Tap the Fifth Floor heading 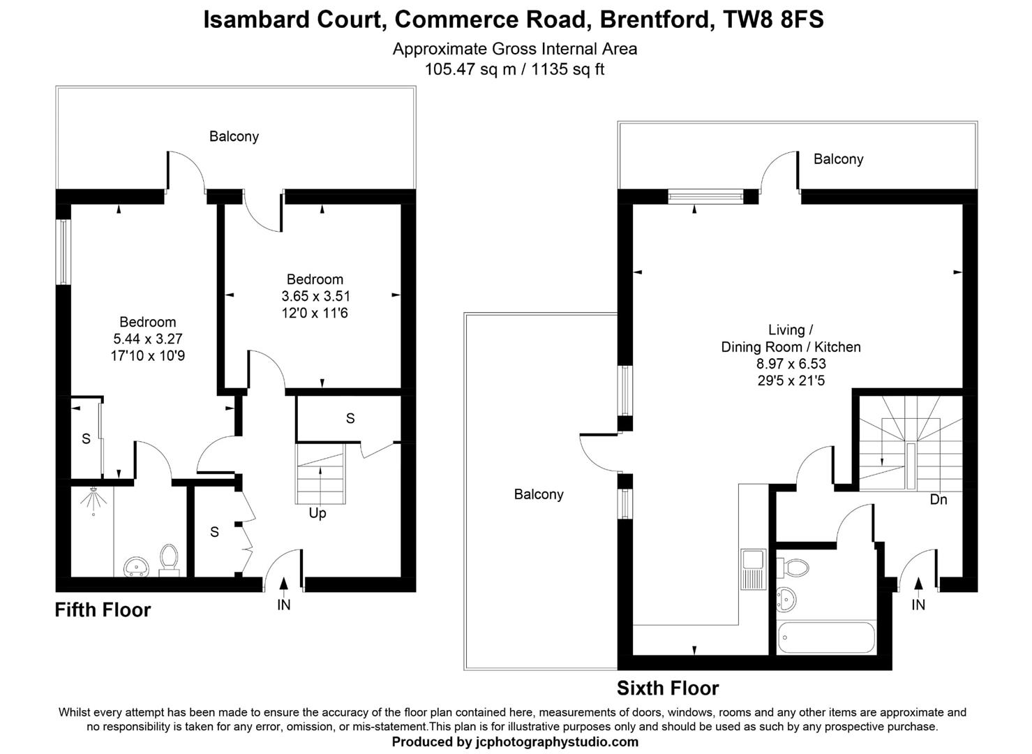103,610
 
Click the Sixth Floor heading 667,688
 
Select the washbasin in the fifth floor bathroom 136,566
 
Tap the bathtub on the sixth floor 826,638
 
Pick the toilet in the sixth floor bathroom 793,566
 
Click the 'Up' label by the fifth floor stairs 317,513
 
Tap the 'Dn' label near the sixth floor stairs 938,500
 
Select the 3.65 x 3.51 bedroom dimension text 315,296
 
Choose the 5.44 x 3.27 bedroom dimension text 147,339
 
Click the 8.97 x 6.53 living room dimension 791,364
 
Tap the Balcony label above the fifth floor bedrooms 234,136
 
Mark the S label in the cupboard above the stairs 350,418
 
